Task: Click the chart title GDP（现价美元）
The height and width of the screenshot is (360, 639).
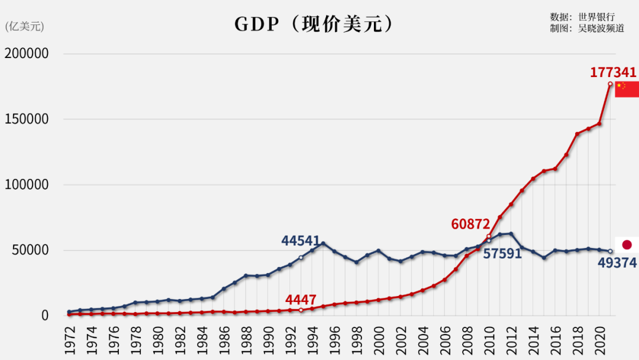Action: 314,24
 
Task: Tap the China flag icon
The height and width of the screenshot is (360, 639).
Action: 627,89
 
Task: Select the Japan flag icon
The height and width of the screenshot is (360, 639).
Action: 627,245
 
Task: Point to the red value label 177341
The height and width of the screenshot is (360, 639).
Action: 613,73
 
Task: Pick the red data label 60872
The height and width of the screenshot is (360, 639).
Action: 470,224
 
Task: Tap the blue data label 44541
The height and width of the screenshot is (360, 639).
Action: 301,242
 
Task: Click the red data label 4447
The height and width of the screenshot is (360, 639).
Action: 301,300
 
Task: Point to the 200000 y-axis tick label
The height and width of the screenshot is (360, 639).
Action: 26,54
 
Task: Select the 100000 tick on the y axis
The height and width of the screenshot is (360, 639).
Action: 26,185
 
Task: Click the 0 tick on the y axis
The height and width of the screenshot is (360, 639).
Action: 44,316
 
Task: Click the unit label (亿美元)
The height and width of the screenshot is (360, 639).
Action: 24,27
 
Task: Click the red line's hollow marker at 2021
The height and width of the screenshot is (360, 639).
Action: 610,84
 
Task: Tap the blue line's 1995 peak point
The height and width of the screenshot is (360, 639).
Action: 323,243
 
